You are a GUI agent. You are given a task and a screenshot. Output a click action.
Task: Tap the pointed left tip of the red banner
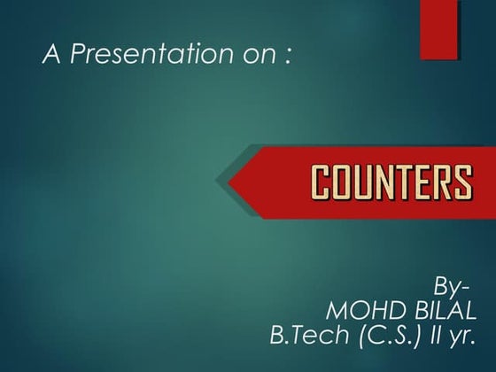coord(232,183)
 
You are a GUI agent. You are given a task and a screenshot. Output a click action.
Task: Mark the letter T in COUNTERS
coord(406,183)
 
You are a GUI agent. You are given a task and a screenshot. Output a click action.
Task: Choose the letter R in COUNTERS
coord(445,183)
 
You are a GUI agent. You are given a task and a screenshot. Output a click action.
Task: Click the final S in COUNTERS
coord(464,183)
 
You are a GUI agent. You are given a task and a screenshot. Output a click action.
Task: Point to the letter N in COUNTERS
coord(386,183)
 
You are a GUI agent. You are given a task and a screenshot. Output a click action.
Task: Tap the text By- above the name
coord(449,288)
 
